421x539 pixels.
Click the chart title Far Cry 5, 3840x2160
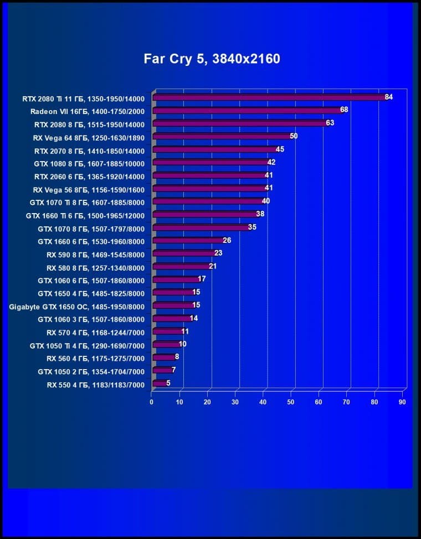212,59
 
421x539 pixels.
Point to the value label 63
330,123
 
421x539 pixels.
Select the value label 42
271,162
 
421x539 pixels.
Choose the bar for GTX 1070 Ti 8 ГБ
207,201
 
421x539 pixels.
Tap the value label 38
260,214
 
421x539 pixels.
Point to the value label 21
213,266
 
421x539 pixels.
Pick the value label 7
174,370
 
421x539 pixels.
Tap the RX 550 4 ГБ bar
158,383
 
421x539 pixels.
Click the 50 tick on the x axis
291,402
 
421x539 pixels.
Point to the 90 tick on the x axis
403,402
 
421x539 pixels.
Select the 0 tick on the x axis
152,402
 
